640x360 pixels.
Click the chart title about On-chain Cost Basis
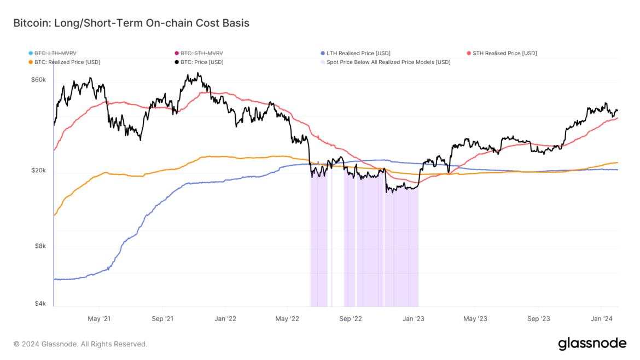tap(131, 23)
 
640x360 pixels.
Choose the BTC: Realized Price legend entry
tap(67, 62)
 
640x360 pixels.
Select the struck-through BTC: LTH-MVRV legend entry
tap(55, 53)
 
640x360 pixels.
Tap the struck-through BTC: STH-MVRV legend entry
tap(201, 53)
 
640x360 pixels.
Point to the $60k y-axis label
tap(38, 80)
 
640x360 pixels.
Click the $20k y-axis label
tap(38, 171)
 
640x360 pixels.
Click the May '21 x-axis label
tap(99, 318)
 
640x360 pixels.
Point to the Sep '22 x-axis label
tap(350, 318)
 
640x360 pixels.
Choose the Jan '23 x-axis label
tap(413, 318)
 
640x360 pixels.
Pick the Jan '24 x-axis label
tap(601, 318)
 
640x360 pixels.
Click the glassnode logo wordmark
tap(592, 344)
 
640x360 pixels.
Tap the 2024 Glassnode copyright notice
tap(80, 344)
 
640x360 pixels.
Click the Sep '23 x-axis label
tap(538, 318)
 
